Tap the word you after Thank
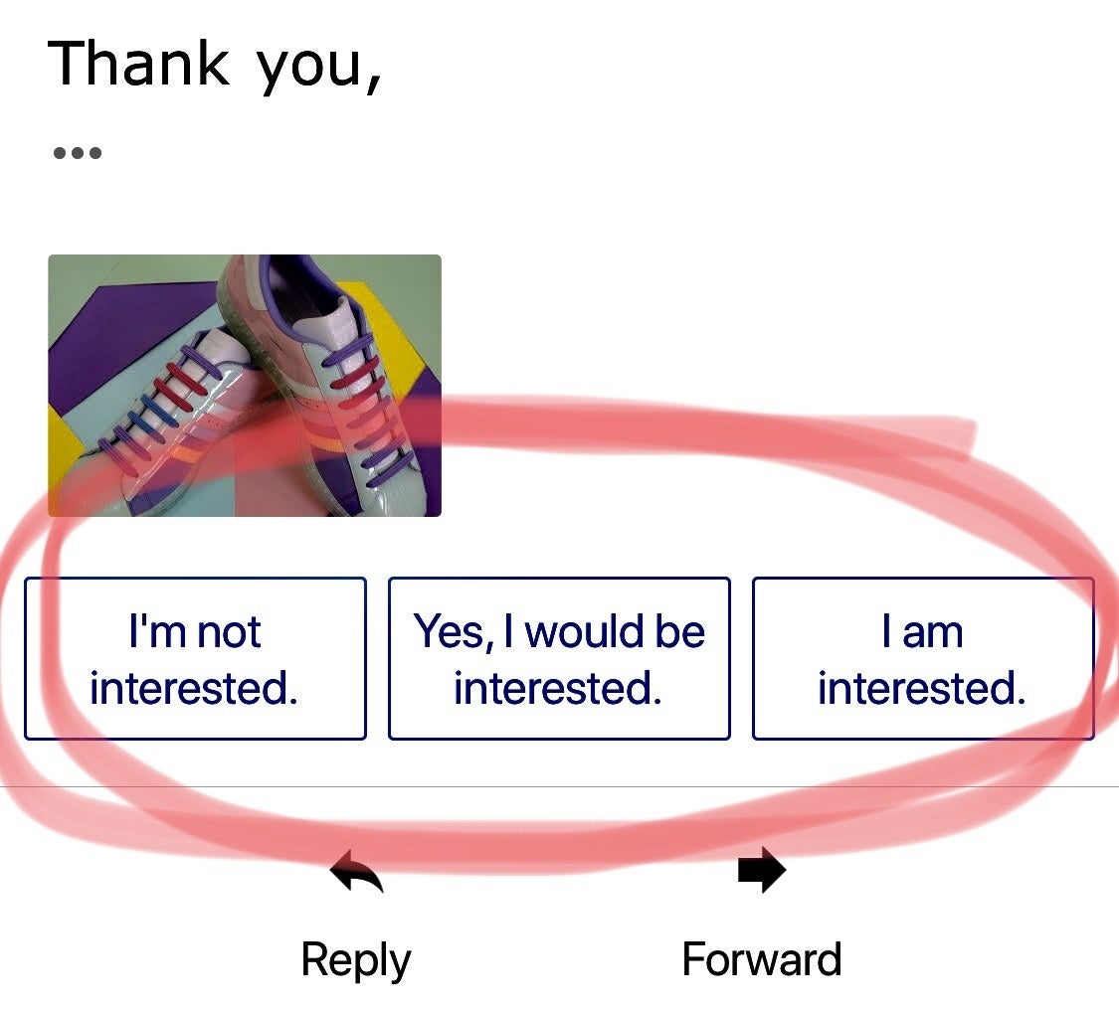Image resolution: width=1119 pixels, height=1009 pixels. (x=309, y=70)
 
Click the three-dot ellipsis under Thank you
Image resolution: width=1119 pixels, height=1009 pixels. (x=77, y=153)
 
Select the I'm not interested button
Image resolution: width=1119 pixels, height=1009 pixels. (x=196, y=658)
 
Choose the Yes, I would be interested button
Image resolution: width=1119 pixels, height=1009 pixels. (x=559, y=658)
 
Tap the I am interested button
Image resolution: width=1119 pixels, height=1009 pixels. (x=923, y=658)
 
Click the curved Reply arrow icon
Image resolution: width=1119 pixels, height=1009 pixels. (x=357, y=871)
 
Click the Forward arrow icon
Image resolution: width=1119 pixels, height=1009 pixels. (x=762, y=870)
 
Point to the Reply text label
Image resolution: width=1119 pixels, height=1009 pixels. (x=356, y=961)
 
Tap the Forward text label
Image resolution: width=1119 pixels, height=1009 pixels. (x=762, y=959)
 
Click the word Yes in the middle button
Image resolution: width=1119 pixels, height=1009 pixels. (x=452, y=633)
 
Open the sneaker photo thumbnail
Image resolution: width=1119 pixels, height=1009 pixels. (x=245, y=385)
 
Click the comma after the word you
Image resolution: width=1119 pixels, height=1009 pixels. (x=373, y=85)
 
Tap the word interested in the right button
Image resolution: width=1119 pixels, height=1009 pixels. (x=921, y=688)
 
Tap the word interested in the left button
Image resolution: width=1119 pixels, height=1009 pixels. (x=193, y=688)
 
